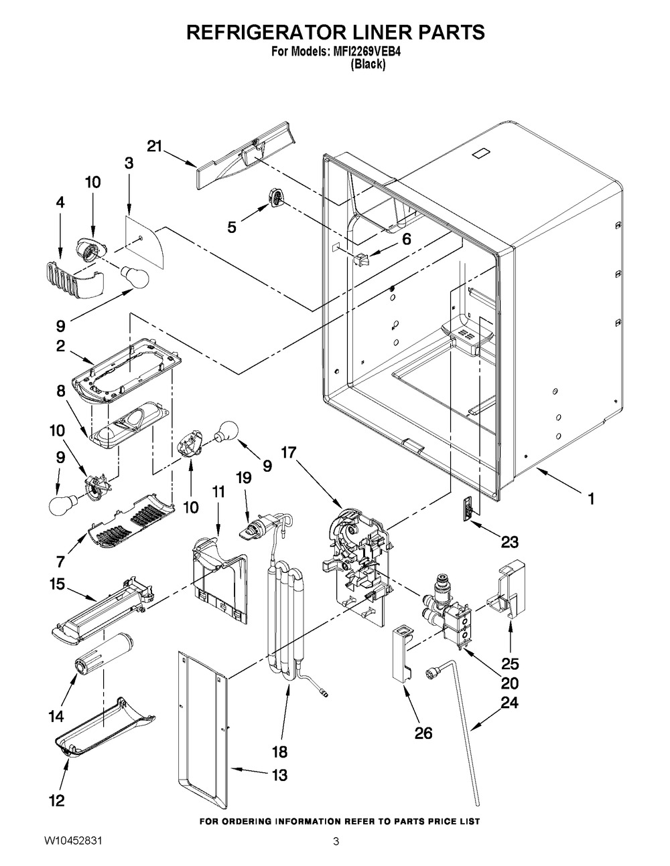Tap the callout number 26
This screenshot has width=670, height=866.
point(423,733)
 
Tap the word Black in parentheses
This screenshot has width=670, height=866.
point(368,65)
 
